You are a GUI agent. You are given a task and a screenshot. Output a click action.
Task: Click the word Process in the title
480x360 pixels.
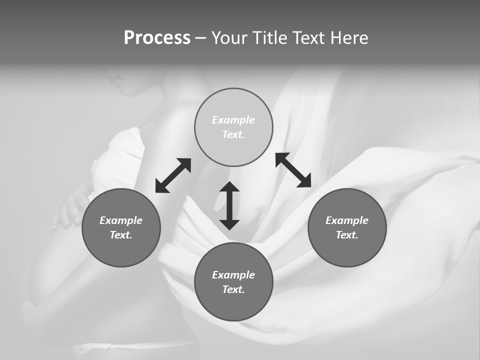pos(157,38)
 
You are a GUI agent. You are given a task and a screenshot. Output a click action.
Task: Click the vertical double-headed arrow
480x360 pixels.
pos(229,205)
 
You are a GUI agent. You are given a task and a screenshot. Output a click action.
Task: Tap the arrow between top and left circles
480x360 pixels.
pos(173,175)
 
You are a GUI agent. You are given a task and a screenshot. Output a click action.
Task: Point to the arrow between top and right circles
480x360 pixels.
pos(293,170)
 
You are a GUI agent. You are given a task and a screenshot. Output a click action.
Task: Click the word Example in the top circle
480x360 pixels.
pos(233,120)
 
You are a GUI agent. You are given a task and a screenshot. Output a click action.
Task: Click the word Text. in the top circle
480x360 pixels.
pos(233,134)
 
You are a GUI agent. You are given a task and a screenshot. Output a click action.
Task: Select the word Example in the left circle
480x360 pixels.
pos(121,220)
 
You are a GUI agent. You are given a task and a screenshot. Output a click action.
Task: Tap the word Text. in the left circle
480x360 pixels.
pos(121,235)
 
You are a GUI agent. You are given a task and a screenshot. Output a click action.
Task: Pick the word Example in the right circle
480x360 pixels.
pos(347,220)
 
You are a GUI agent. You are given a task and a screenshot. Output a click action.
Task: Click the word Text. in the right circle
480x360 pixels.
pos(347,235)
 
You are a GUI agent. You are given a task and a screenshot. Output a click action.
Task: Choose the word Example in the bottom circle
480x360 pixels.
pos(233,275)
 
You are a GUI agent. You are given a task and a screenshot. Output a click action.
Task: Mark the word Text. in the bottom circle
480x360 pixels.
pos(233,289)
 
